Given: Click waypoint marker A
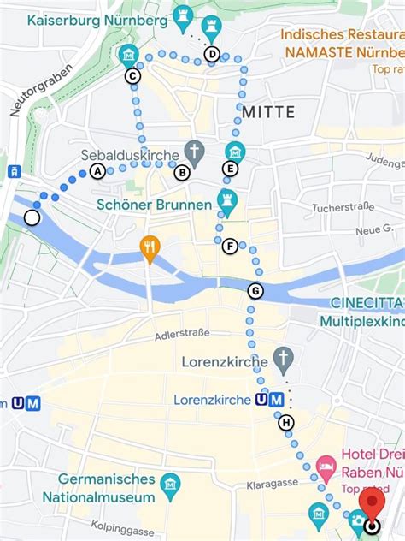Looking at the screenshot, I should [97, 171].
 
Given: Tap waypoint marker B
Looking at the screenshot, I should [182, 173].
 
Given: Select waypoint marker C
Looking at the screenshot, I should [132, 76].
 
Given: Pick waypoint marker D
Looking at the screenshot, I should [212, 55].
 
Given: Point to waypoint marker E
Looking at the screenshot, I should [230, 169].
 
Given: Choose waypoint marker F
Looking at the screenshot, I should [229, 247].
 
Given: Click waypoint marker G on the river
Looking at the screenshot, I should [255, 291].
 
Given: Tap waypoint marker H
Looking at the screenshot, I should [286, 422].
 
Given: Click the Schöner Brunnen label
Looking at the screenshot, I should [154, 205].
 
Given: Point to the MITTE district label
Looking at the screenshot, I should [267, 112].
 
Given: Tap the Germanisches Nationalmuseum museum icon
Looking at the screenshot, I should [171, 485].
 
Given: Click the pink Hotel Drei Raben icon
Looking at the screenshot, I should [326, 467].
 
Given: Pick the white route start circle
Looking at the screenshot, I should [32, 217].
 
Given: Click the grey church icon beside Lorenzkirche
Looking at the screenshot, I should [283, 357].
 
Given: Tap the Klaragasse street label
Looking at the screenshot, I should [274, 483].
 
